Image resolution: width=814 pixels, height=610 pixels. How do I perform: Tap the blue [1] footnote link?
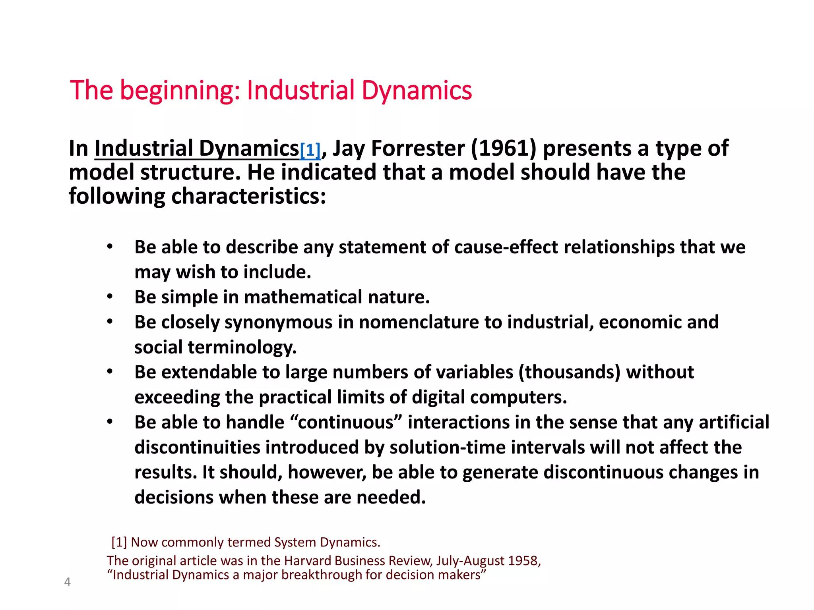tap(310, 151)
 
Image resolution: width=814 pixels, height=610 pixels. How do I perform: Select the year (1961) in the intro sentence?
tap(504, 149)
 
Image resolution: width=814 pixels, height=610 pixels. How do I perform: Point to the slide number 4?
tap(68, 582)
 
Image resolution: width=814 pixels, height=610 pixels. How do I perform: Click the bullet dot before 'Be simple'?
tap(110, 296)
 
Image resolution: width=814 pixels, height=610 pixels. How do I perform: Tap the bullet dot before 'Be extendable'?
tap(110, 371)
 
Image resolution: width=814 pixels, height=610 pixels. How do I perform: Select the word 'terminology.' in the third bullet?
tap(242, 347)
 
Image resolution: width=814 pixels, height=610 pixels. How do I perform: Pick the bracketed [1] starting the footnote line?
tap(119, 542)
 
